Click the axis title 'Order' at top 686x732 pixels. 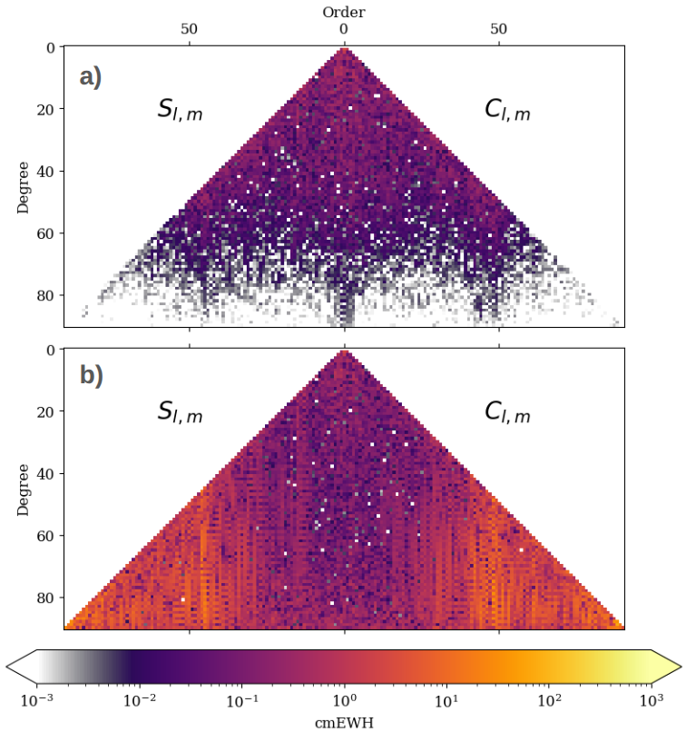344,12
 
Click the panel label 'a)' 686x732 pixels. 91,77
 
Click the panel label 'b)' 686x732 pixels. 91,375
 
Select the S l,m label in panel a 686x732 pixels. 180,111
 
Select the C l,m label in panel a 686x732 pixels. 507,111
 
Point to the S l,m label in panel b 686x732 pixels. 180,413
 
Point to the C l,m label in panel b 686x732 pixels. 507,413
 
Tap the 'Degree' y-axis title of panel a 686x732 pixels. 24,188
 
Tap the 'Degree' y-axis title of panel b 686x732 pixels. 24,490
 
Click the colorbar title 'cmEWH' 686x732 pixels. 344,723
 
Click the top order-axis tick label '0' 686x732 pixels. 344,29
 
